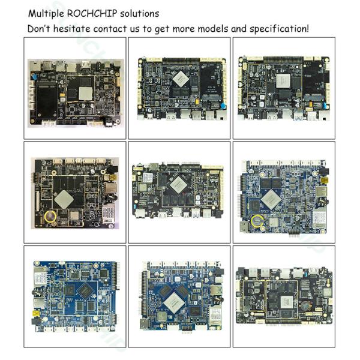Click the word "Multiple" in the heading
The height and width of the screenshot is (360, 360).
click(x=46, y=13)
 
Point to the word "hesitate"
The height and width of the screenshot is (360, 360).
click(x=79, y=28)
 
